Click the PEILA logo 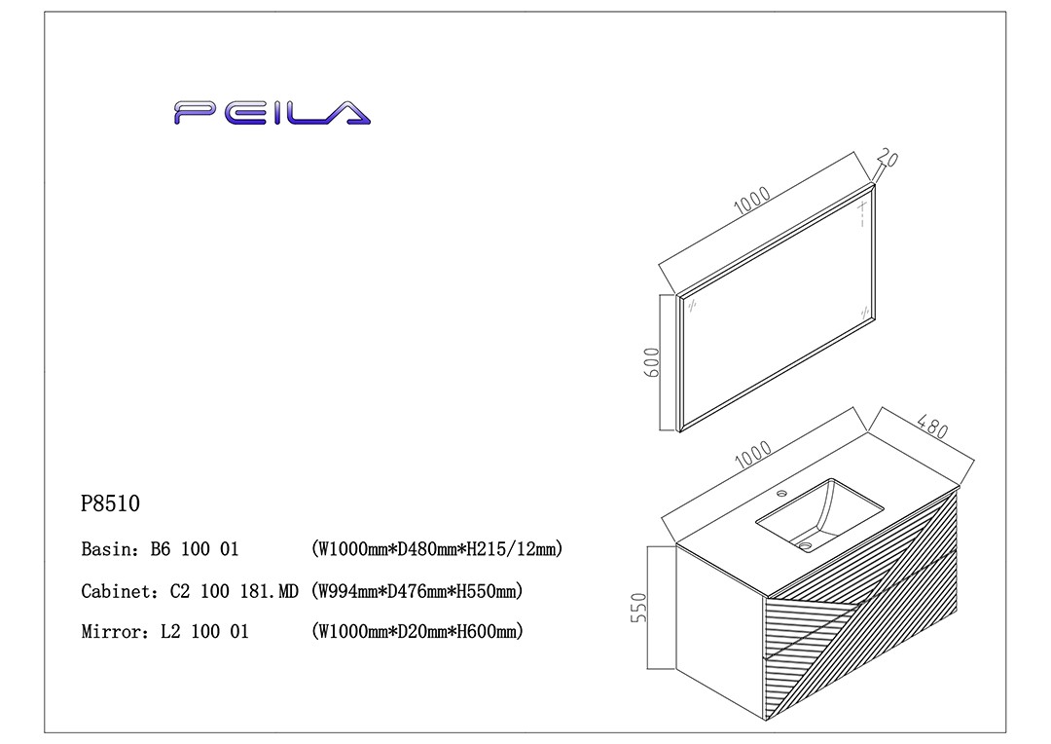pos(272,113)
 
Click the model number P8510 pos(111,504)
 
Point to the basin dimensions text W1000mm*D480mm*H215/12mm pos(437,549)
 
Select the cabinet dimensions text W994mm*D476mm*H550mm pos(417,591)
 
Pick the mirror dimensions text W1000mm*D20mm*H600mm pos(417,632)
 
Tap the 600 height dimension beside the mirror pos(653,361)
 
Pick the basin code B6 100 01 pos(194,549)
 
